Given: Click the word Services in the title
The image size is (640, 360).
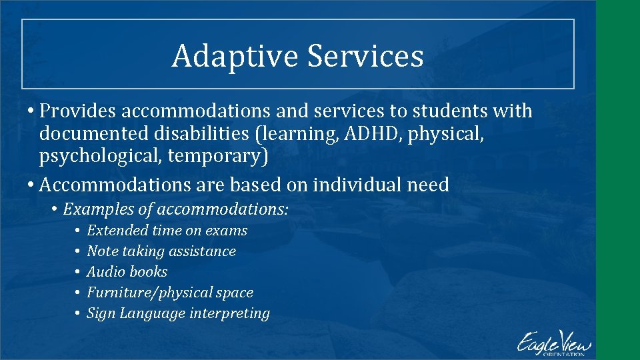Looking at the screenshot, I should [x=365, y=56].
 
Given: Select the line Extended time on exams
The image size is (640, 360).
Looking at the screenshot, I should [x=167, y=231].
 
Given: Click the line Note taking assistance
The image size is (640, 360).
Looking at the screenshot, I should [x=161, y=251].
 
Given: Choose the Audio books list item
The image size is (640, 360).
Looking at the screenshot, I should [x=127, y=272].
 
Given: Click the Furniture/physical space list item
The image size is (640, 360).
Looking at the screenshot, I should [x=170, y=293].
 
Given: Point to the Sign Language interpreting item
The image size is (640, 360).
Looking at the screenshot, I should [x=178, y=313].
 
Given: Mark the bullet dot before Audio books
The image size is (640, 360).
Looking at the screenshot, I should [x=77, y=272].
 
